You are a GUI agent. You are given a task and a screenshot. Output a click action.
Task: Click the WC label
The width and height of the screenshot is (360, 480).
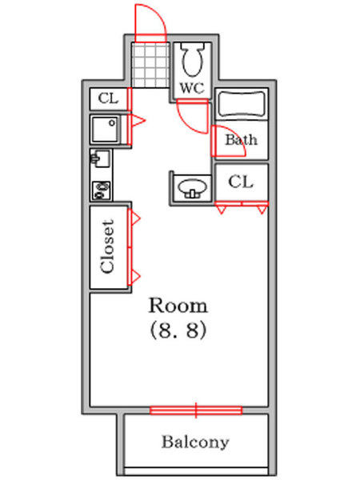click(x=191, y=86)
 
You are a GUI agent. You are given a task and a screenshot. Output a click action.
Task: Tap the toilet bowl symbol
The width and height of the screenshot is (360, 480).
click(x=192, y=59)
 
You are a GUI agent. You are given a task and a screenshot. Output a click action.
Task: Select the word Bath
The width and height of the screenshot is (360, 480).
click(x=241, y=140)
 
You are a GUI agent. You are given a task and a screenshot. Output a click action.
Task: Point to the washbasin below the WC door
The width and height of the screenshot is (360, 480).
click(x=191, y=188)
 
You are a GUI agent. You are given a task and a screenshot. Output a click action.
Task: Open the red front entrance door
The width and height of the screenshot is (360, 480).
click(x=150, y=22)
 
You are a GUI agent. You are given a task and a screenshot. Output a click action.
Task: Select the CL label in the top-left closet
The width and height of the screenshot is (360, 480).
click(x=107, y=98)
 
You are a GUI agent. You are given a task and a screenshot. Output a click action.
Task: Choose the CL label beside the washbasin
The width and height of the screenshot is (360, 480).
click(x=241, y=182)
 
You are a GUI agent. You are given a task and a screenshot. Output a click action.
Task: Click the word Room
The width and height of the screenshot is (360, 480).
click(x=179, y=305)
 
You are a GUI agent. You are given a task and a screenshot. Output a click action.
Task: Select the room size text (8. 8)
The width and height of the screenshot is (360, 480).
click(x=179, y=330)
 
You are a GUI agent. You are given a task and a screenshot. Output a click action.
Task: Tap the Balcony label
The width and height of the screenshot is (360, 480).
click(x=195, y=442)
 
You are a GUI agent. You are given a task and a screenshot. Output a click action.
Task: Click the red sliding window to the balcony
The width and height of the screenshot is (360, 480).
click(x=195, y=410)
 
